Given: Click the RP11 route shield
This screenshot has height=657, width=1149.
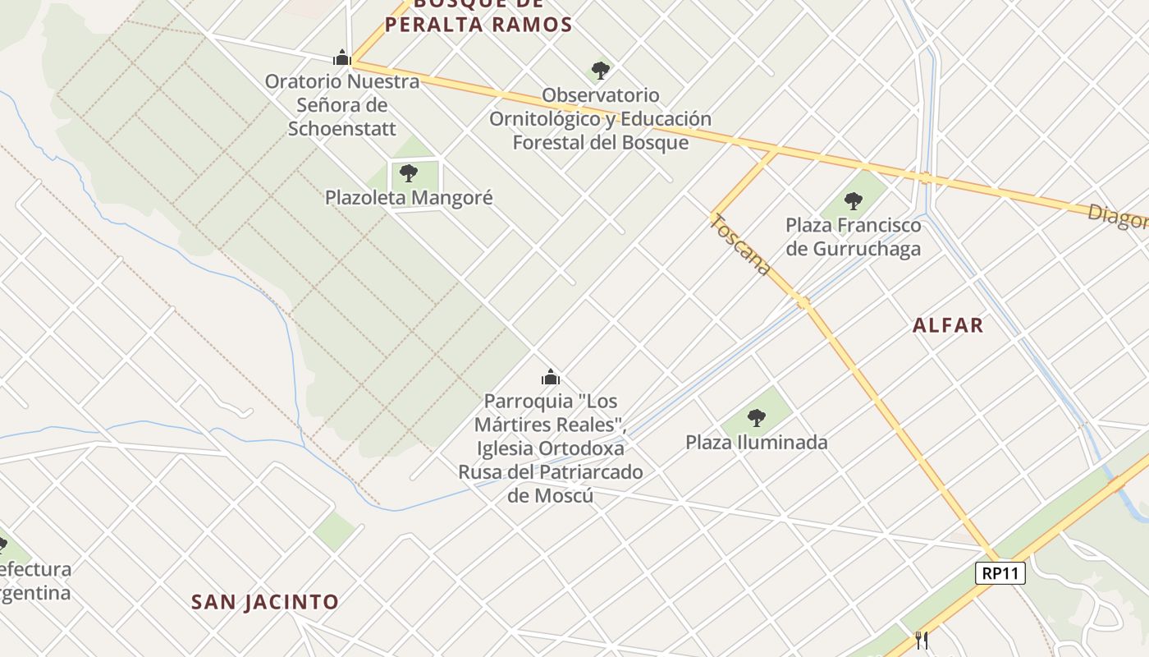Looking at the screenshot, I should coord(1000,573).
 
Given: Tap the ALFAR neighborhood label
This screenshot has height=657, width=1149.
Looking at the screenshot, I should coord(948,325).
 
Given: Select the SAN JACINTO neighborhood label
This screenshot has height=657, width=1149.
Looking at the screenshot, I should coord(265,602).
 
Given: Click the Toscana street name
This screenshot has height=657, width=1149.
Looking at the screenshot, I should coord(741,245).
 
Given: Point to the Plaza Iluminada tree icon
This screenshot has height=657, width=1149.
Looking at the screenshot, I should coord(757,418).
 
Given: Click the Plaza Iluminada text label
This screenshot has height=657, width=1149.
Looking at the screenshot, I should coord(757,443).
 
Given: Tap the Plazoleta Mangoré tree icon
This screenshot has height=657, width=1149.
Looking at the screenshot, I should coord(409,173).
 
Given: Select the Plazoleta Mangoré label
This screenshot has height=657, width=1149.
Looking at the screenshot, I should coord(409,198).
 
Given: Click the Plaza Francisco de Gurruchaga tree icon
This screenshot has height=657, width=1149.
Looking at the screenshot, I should coord(854,200).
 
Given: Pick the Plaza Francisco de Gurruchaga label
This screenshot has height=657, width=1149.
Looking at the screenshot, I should coord(854,237).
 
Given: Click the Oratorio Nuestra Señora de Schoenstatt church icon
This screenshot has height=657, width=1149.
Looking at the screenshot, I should coord(342,57).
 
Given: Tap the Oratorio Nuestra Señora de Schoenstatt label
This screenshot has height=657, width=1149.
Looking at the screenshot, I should coord(342,105).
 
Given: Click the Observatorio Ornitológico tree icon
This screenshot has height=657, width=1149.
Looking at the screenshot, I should coord(601,71).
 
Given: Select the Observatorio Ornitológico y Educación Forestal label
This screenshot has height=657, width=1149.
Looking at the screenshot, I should coord(601,119).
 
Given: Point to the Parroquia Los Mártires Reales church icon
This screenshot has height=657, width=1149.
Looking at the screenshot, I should coord(550,377).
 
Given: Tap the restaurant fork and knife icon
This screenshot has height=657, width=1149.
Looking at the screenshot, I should coord(922,640).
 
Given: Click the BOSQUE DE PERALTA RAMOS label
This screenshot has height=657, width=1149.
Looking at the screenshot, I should coord(478,16).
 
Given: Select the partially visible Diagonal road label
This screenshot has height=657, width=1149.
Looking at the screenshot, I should coord(1118,217).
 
